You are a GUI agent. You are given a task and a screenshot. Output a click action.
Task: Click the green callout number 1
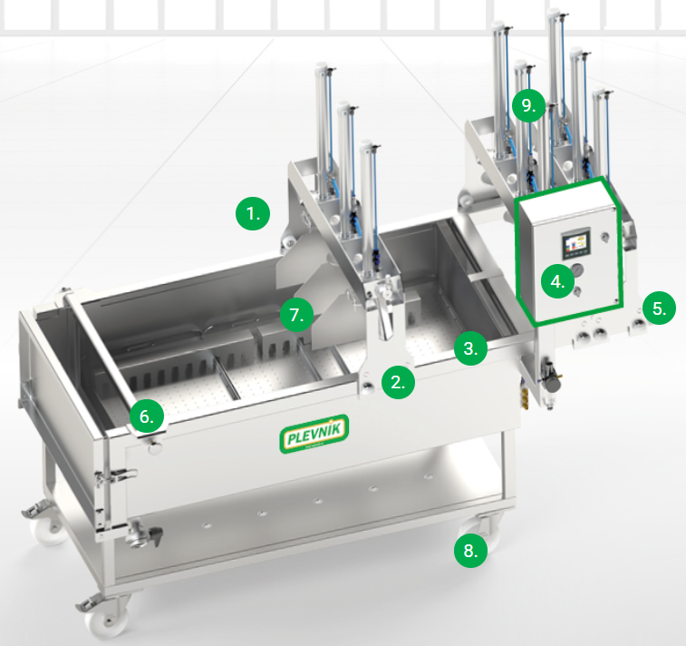click(x=253, y=214)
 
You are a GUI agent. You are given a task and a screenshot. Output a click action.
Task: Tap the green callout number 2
click(x=398, y=382)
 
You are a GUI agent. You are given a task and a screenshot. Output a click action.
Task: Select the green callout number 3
click(x=470, y=348)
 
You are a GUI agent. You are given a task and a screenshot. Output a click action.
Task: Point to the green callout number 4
click(x=558, y=281)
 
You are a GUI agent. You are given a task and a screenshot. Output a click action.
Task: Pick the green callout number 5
click(x=659, y=308)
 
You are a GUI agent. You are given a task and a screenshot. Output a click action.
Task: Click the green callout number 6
click(x=147, y=416)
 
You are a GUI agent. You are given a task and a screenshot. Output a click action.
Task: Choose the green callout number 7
click(x=297, y=315)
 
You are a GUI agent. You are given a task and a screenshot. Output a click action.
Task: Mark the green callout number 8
click(x=470, y=551)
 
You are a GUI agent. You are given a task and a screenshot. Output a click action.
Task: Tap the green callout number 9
click(x=529, y=105)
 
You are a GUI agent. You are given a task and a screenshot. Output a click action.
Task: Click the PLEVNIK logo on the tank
click(x=314, y=434)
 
